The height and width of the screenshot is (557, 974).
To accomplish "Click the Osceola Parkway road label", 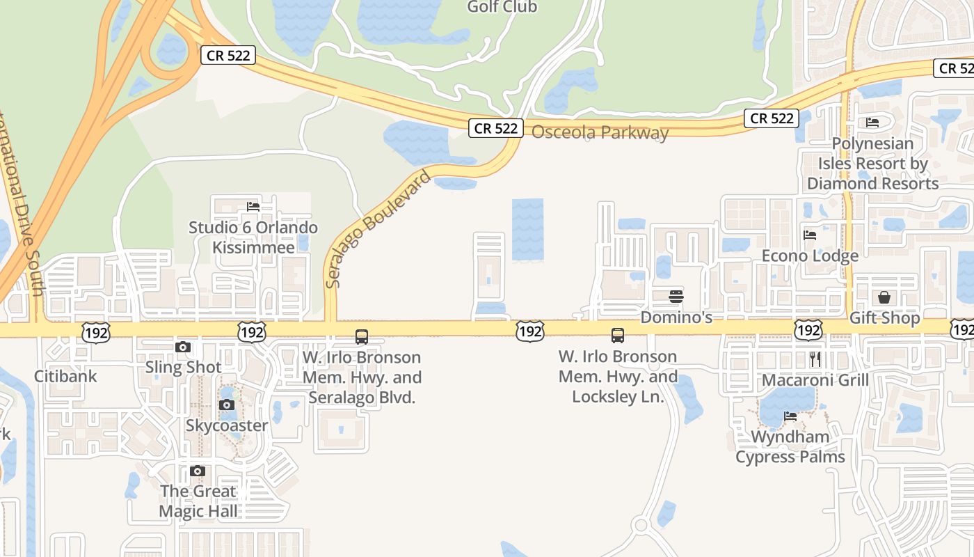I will (x=600, y=132).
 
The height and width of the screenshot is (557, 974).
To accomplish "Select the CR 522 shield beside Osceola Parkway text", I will (x=495, y=127).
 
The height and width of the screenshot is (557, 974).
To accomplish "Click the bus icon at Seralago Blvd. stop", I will (x=362, y=337).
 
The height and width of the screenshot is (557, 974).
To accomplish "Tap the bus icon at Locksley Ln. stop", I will (x=618, y=336).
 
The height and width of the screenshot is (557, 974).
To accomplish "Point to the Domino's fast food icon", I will (x=676, y=297).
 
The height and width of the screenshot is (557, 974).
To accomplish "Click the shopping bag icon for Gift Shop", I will (x=884, y=298).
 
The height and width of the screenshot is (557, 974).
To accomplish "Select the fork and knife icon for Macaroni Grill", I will (x=815, y=359).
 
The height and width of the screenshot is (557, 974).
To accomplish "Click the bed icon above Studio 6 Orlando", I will (x=253, y=207).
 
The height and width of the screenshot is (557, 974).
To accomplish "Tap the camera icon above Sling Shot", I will (x=183, y=347).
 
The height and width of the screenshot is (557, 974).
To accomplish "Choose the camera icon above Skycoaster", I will (x=226, y=405).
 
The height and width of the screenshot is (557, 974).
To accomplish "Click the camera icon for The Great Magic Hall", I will (x=198, y=471).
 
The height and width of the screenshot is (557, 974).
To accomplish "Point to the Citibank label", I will (x=65, y=376).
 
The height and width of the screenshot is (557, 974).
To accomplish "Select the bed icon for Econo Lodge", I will (x=810, y=235).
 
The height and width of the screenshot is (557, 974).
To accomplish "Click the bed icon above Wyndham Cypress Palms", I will (x=790, y=416).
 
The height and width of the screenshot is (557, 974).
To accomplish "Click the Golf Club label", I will (x=502, y=7).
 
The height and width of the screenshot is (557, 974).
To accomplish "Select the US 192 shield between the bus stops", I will (x=530, y=331).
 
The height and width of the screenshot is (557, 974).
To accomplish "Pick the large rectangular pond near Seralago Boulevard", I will (x=527, y=230).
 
